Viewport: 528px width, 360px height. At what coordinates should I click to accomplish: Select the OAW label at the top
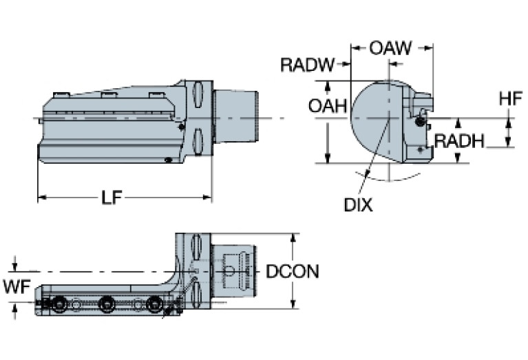390,48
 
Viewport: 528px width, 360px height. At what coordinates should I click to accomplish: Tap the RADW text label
307,65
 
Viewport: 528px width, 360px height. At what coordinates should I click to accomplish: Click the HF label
510,99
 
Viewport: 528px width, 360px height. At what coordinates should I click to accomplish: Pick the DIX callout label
359,204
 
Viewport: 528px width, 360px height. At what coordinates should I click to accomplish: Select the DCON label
293,271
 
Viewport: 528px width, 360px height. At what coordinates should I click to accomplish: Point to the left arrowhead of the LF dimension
41,198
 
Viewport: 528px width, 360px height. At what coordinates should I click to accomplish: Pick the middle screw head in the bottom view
107,302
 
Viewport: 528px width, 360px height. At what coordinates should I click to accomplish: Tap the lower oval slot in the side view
198,142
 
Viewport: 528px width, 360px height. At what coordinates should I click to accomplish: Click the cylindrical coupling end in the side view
235,118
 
